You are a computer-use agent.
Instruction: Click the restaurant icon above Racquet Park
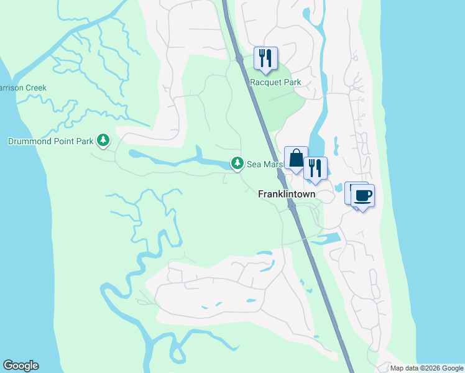click(265, 58)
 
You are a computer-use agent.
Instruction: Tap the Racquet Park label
click(275, 82)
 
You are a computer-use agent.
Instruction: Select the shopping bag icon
click(296, 158)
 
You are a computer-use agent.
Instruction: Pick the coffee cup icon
click(363, 196)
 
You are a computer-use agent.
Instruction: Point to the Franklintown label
click(287, 194)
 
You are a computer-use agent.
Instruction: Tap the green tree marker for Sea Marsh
click(237, 163)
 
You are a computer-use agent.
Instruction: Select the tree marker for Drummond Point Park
click(103, 141)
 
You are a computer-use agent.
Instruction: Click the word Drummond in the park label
click(30, 141)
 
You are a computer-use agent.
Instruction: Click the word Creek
click(35, 88)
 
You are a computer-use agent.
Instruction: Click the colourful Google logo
click(21, 366)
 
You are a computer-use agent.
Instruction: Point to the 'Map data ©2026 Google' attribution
click(426, 368)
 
